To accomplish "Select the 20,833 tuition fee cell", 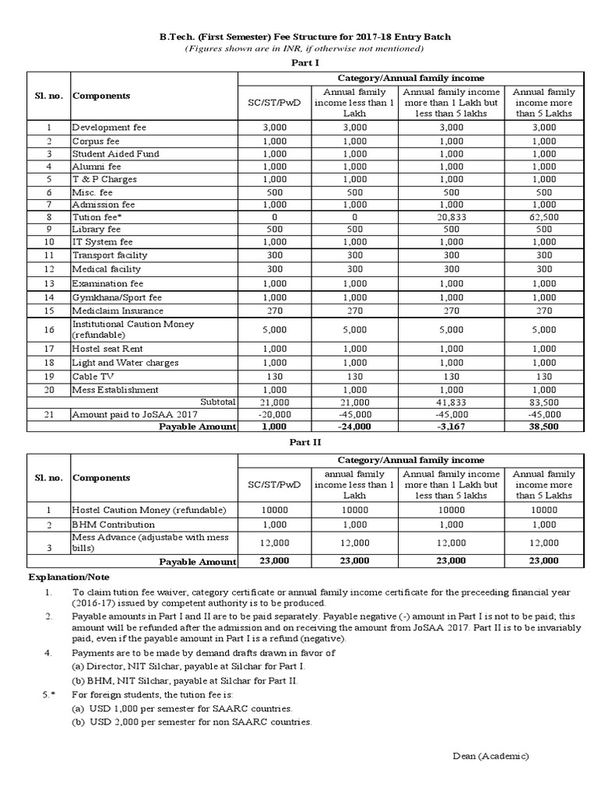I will (452, 218).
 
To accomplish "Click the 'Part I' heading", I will (299, 63).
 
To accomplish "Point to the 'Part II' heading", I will (299, 442).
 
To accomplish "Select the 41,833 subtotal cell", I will (452, 402).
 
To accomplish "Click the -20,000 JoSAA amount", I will (275, 415).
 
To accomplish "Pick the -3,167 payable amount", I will (452, 427).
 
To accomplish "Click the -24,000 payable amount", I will (354, 427).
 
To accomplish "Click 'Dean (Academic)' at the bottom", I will (490, 756).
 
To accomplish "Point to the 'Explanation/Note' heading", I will (70, 578).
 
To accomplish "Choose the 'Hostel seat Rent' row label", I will (107, 349).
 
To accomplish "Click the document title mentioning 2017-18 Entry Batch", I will (299, 37).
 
